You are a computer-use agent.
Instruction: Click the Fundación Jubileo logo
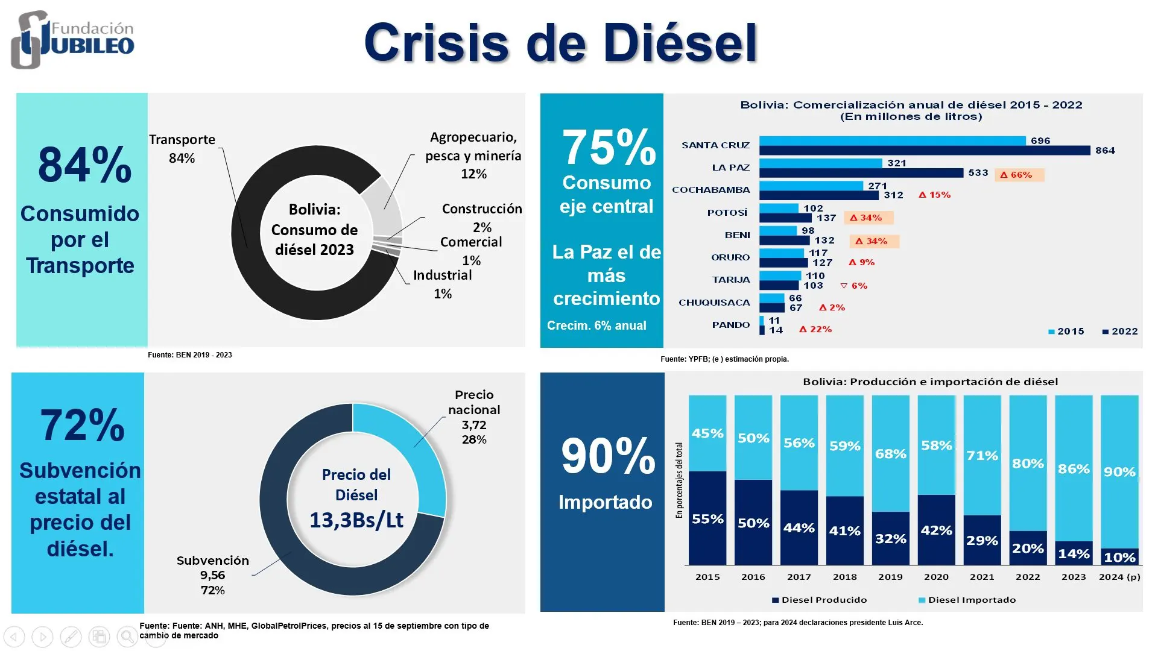72,40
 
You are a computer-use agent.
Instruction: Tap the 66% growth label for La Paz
1019,175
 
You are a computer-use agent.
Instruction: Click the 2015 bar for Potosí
779,208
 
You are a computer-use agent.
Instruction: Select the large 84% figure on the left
84,165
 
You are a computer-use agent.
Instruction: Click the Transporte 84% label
182,148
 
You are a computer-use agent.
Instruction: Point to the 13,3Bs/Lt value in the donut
356,520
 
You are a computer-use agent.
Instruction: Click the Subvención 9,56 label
212,575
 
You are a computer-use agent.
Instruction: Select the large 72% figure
82,426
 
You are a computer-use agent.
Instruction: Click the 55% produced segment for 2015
707,518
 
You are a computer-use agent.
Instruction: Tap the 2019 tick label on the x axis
890,577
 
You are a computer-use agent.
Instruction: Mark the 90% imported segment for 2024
1119,471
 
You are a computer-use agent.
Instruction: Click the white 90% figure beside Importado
608,456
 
